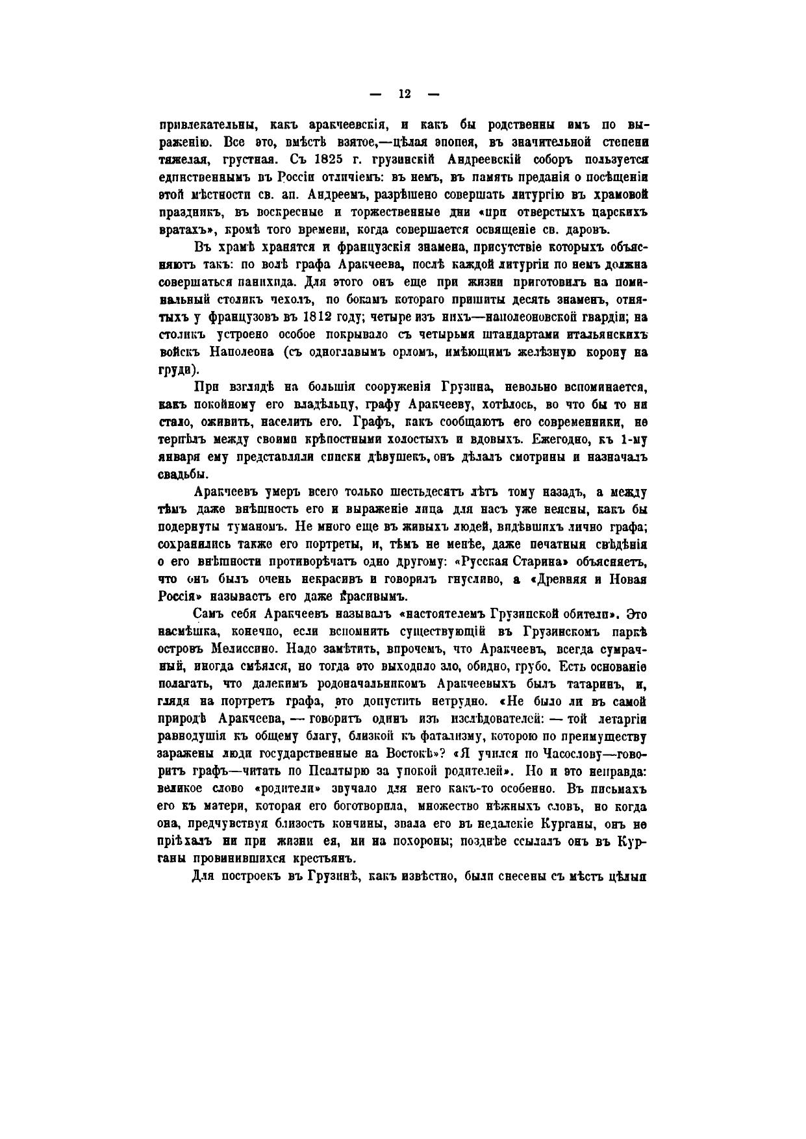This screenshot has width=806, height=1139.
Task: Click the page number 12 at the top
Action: click(x=404, y=94)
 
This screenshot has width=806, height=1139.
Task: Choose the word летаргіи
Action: click(x=616, y=719)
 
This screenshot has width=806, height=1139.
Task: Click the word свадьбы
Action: click(x=183, y=473)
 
